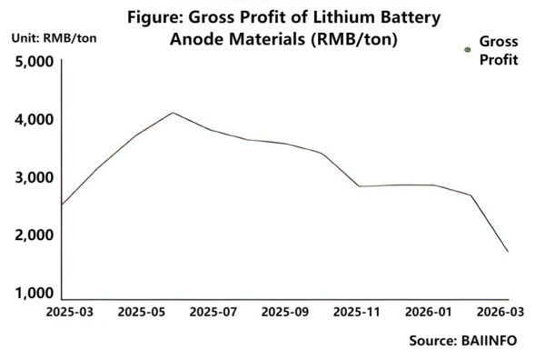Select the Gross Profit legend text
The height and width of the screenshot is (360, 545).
pos(498,51)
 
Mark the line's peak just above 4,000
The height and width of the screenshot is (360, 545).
pos(173,113)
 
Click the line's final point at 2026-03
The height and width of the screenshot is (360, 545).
pos(508,252)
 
